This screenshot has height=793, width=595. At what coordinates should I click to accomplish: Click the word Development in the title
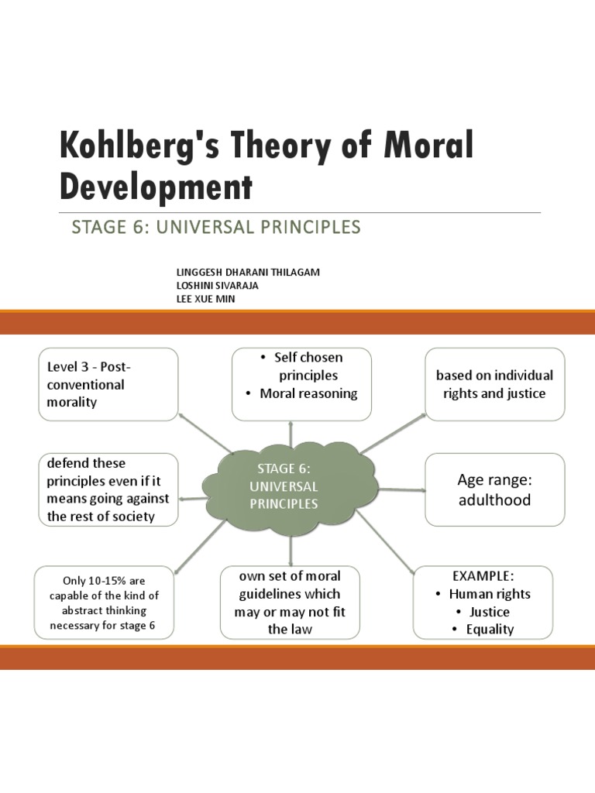coord(156,187)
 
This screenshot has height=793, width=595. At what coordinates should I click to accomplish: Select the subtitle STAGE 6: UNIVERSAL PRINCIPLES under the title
coord(215,227)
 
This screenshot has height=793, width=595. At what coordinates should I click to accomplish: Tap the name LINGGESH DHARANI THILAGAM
coord(248,273)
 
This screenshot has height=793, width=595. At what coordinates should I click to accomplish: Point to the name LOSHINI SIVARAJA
coord(218,285)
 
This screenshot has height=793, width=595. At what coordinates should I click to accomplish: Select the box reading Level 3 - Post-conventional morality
coord(108,384)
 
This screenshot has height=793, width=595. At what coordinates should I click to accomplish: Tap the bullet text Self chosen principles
coord(308,366)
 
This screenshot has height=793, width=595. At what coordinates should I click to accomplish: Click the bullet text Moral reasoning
coord(308,393)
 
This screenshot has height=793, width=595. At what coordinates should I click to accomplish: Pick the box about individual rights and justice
coord(494,384)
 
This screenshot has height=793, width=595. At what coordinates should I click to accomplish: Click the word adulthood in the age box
coord(494,500)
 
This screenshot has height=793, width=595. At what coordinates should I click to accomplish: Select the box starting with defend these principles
coord(108,490)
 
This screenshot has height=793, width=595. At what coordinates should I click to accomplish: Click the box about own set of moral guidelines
coord(290,602)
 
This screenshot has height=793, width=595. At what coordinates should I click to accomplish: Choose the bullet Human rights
coord(490,594)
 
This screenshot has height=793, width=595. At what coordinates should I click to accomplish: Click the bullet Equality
coord(490,630)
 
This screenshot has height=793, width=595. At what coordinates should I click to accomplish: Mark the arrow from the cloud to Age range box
coord(401,489)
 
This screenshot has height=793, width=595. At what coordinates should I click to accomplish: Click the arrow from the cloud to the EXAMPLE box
coord(386,543)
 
